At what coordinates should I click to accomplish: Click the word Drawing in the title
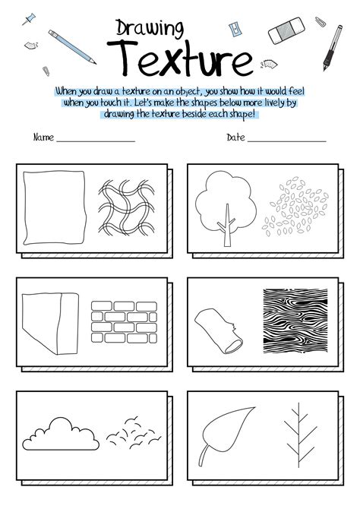pyautogui.click(x=150, y=29)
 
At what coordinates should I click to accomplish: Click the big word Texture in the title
pyautogui.click(x=180, y=58)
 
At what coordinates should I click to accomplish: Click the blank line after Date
pyautogui.click(x=286, y=141)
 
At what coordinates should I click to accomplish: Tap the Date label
pyautogui.click(x=235, y=138)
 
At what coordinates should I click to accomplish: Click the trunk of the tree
pyautogui.click(x=226, y=231)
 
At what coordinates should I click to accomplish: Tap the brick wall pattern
pyautogui.click(x=122, y=321)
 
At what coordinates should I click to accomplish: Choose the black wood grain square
pyautogui.click(x=292, y=321)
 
